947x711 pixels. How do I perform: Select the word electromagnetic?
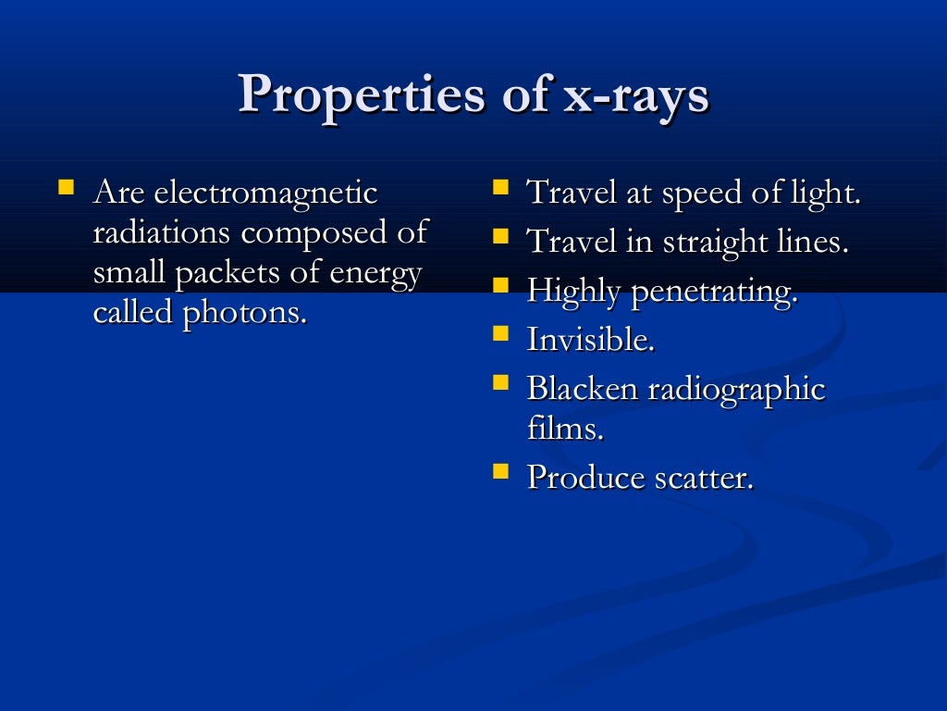[x=265, y=193]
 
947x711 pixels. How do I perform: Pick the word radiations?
[x=164, y=232]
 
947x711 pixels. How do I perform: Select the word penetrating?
[x=713, y=292]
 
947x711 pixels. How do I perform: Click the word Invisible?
[x=590, y=340]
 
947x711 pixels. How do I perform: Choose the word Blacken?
[x=582, y=388]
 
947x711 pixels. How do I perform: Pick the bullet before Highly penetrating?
[x=500, y=285]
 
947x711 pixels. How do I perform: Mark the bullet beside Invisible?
[x=500, y=333]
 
